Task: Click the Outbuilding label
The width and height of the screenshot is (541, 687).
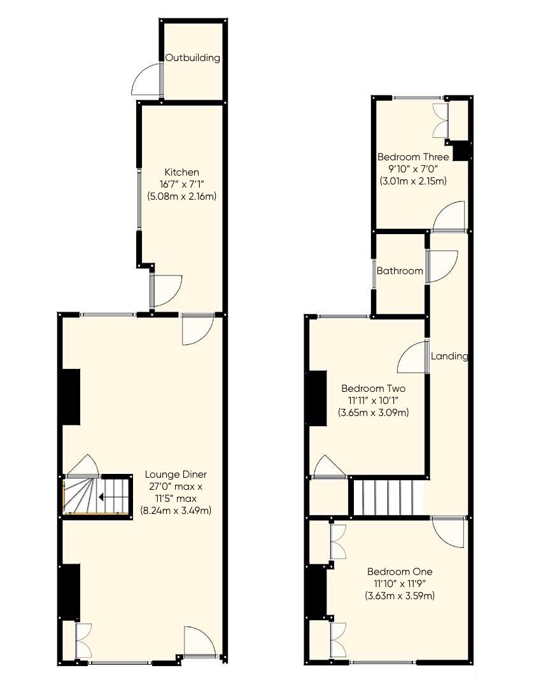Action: point(193,58)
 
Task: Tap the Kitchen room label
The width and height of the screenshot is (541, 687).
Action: point(182,172)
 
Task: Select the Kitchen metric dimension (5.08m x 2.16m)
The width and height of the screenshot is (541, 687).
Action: point(182,196)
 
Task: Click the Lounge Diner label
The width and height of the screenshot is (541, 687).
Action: point(176,475)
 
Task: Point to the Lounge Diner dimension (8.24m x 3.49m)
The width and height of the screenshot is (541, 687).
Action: point(176,510)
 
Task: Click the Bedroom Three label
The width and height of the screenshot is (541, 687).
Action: point(413,157)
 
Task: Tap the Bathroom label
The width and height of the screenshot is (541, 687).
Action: point(400,271)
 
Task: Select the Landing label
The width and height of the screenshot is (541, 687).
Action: point(449,356)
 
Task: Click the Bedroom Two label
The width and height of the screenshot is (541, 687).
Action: point(373,389)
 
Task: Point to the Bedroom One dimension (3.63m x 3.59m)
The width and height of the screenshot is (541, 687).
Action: point(400,596)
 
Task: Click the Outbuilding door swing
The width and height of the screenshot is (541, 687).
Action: point(148,81)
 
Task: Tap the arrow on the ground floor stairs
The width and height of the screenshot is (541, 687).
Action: point(102,497)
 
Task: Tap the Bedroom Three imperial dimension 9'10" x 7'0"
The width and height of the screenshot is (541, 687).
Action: point(413,169)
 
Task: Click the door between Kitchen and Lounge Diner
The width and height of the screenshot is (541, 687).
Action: point(196,328)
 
